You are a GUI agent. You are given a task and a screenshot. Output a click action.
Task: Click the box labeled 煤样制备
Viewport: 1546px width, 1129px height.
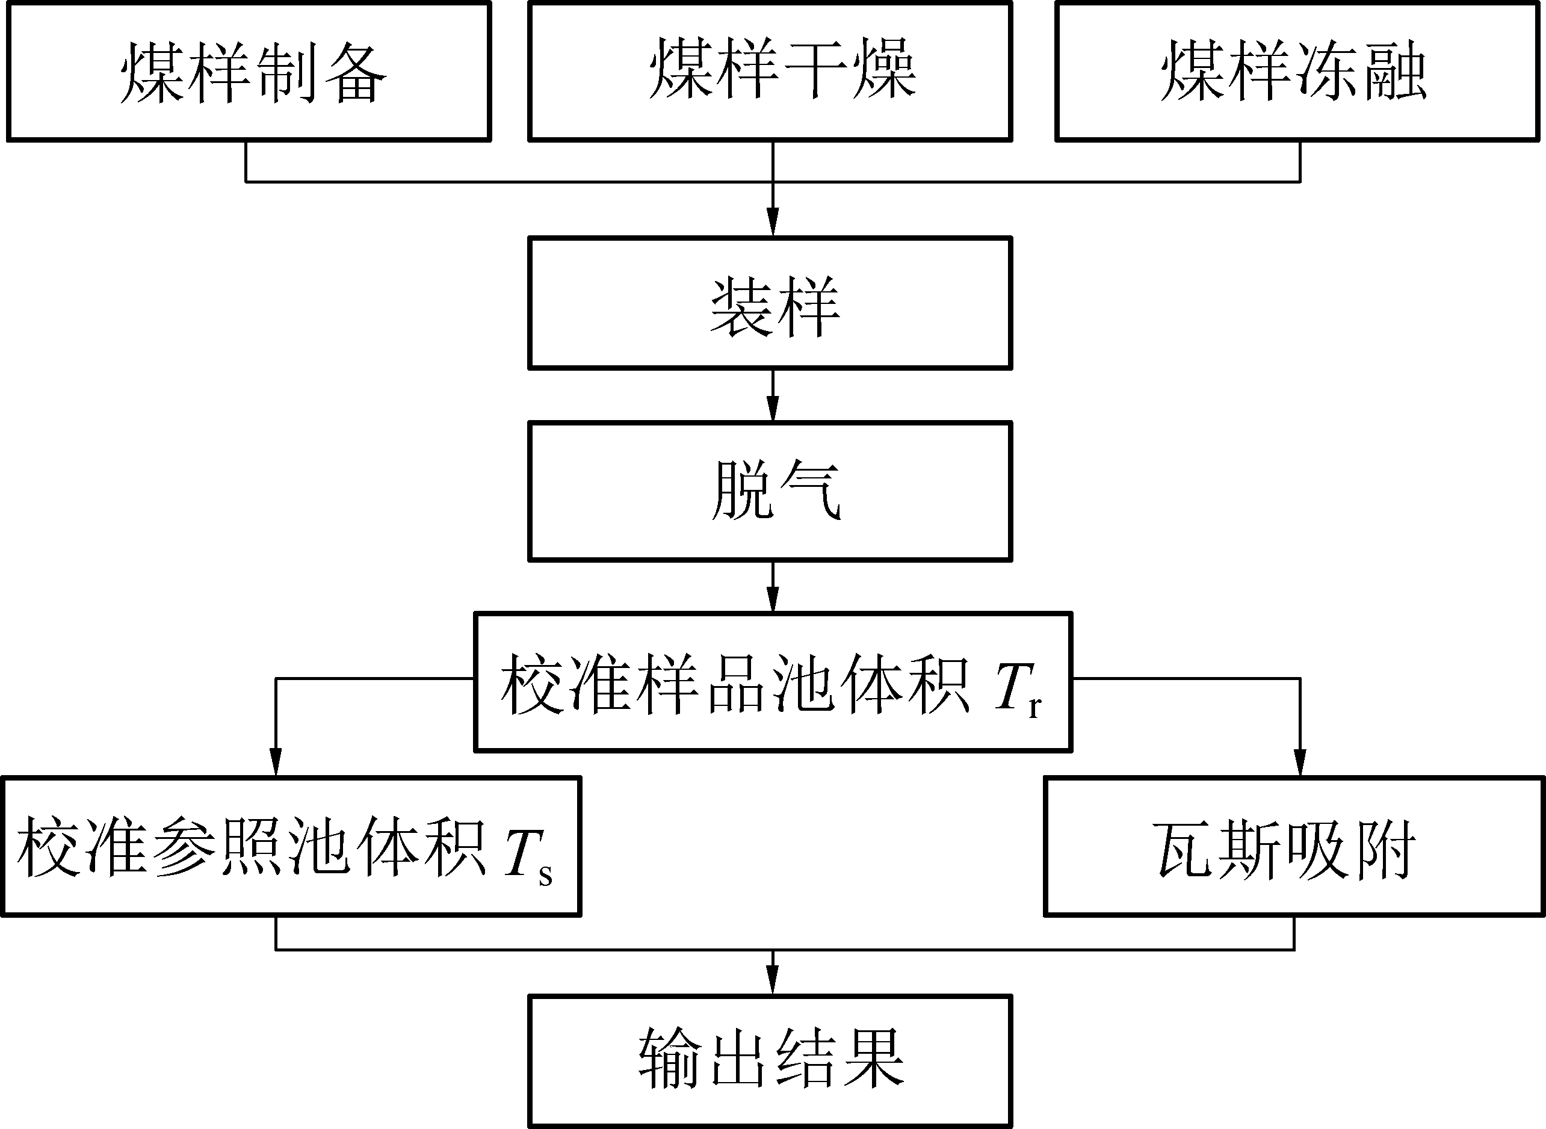point(249,72)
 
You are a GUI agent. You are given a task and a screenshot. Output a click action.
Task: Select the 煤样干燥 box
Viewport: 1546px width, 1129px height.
point(770,72)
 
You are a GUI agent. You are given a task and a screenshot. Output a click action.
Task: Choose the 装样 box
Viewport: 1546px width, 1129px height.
point(770,303)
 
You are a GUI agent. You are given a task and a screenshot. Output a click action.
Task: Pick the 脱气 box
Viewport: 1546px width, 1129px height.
point(770,491)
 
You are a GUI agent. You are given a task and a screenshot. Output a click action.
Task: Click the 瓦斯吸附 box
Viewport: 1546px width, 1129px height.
point(1294,846)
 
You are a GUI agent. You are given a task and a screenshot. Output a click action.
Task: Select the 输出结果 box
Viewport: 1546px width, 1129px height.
point(770,1062)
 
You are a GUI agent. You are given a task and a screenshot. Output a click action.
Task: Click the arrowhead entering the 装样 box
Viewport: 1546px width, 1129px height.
point(773,224)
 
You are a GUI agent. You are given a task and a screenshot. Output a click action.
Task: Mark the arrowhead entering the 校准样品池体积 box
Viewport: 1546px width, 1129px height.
point(773,601)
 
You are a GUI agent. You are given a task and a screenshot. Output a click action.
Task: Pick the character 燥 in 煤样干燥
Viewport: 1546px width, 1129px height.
point(883,69)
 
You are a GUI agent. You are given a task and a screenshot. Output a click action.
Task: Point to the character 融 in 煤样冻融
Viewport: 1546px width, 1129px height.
point(1395,70)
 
